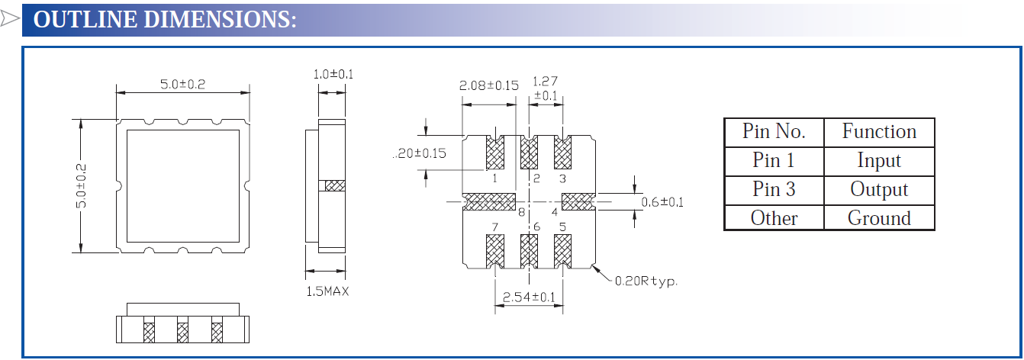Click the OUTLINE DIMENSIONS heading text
click(165, 20)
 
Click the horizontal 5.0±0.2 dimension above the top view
click(182, 85)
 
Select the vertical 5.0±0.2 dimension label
click(82, 185)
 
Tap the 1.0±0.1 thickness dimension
click(333, 75)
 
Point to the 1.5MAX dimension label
click(327, 291)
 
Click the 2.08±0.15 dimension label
click(488, 85)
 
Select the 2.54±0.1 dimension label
click(528, 297)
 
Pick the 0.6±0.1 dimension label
click(662, 202)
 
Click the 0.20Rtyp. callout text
click(646, 281)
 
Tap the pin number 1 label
click(495, 178)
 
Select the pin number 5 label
click(562, 227)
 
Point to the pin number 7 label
click(495, 227)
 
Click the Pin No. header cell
click(774, 132)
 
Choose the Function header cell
click(879, 132)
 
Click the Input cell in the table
click(879, 161)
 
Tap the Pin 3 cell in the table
click(774, 189)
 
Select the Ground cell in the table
click(879, 218)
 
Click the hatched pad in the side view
click(335, 185)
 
